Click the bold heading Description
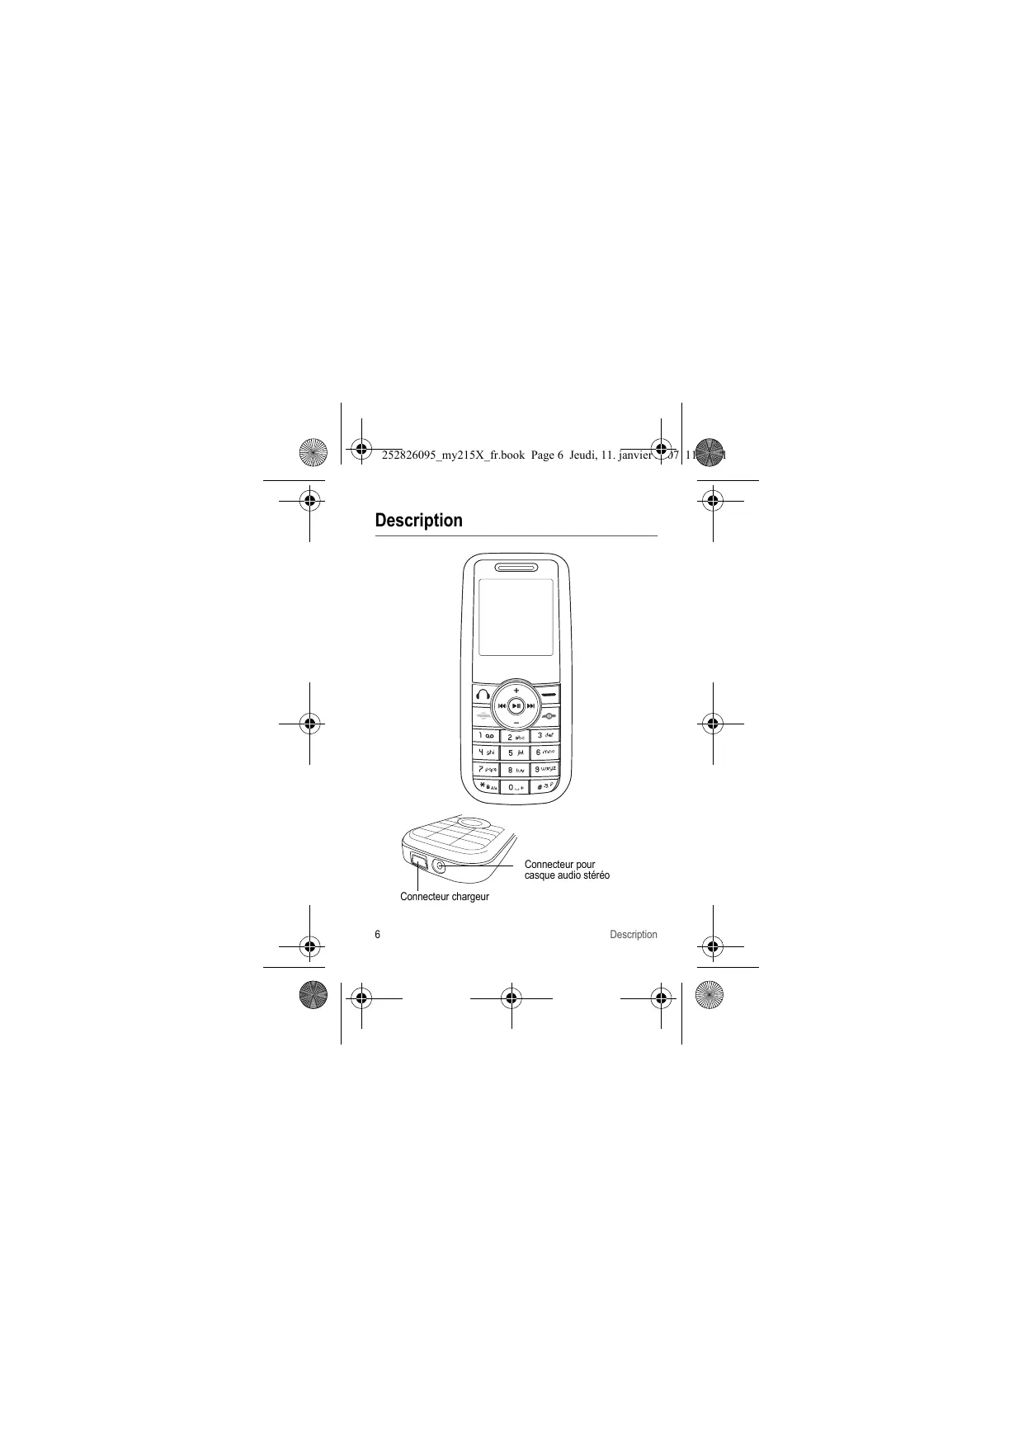(x=418, y=521)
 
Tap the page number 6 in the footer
(x=378, y=935)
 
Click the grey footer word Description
(x=633, y=935)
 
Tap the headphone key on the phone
(x=483, y=696)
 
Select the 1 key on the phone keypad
(x=486, y=735)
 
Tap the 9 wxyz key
(x=544, y=769)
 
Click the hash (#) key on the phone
(x=544, y=786)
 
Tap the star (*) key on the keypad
(x=487, y=786)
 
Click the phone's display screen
(x=516, y=617)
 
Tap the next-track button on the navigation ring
(x=531, y=706)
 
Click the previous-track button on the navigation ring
(x=501, y=706)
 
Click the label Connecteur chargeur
(x=444, y=897)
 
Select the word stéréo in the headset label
(x=593, y=875)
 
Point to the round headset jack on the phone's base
(x=439, y=865)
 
